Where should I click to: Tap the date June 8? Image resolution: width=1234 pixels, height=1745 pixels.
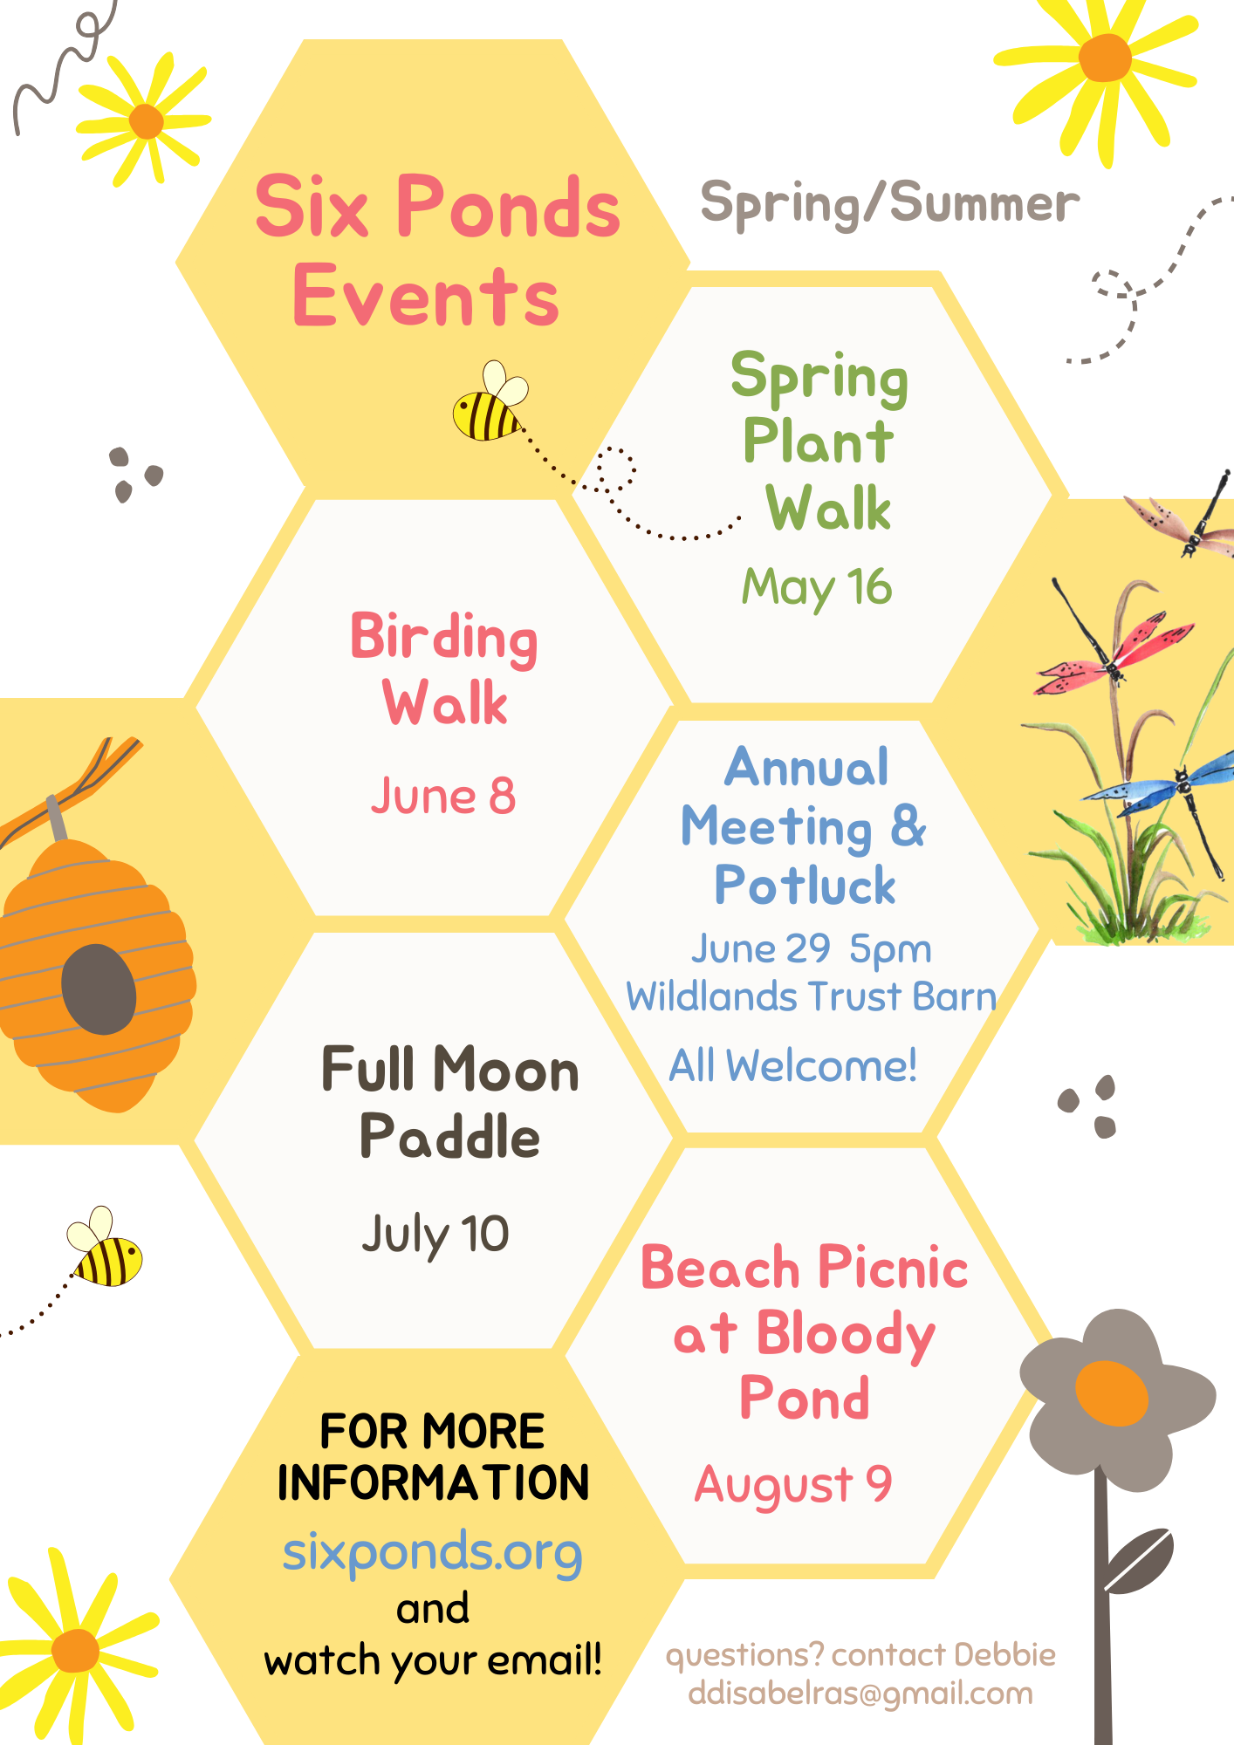click(x=443, y=796)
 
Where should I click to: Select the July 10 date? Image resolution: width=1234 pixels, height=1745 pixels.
click(x=435, y=1235)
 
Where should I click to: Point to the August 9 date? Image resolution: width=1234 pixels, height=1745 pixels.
click(x=793, y=1485)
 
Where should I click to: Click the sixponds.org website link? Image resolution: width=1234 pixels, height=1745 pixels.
click(x=432, y=1553)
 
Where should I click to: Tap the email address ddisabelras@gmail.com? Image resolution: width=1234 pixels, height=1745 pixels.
click(x=860, y=1694)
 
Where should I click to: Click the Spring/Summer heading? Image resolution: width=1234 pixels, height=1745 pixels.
click(x=890, y=204)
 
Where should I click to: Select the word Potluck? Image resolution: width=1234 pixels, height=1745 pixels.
click(x=805, y=885)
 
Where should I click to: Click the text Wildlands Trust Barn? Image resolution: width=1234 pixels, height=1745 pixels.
click(x=811, y=996)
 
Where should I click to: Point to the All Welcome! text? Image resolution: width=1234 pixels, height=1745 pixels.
click(x=792, y=1065)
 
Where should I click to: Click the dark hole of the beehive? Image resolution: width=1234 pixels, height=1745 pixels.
click(x=99, y=989)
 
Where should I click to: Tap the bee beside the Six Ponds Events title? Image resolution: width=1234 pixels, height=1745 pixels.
click(x=490, y=401)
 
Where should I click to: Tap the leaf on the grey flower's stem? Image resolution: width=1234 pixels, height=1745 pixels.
click(x=1139, y=1561)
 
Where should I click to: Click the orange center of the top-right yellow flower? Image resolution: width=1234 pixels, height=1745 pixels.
click(x=1105, y=58)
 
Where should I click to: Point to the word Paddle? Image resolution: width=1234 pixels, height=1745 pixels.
click(x=449, y=1137)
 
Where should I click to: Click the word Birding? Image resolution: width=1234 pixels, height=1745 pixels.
click(x=444, y=639)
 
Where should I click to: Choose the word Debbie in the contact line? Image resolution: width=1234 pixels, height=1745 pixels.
click(x=1004, y=1654)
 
